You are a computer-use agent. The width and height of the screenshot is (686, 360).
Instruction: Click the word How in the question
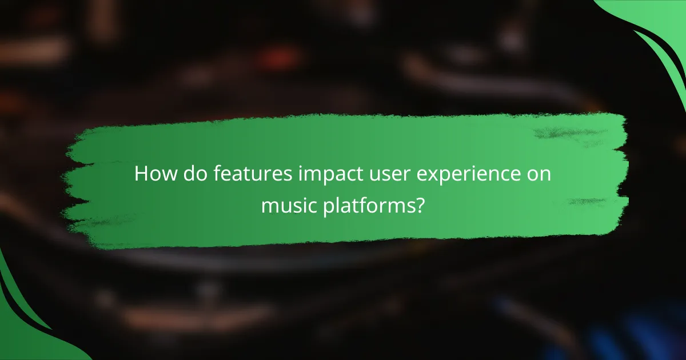click(151, 174)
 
